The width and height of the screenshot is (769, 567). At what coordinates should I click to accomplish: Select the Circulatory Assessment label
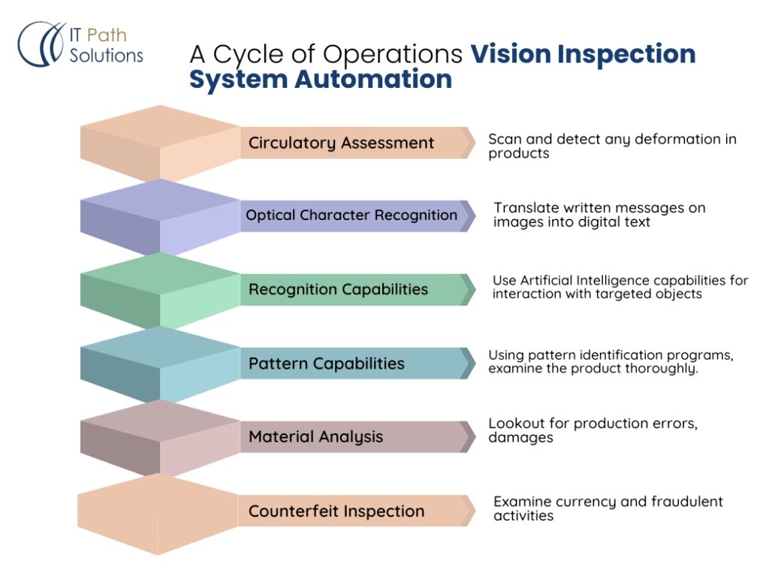click(341, 143)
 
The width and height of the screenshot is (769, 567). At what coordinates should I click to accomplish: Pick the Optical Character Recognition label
click(351, 216)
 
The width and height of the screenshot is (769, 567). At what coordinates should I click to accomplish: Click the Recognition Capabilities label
click(338, 289)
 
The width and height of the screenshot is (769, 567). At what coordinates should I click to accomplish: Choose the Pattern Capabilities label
click(326, 363)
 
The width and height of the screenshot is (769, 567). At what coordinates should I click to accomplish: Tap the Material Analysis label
click(315, 437)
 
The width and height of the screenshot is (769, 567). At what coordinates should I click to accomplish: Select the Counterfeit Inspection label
click(336, 511)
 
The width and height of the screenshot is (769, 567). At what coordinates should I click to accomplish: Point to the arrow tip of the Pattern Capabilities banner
click(470, 363)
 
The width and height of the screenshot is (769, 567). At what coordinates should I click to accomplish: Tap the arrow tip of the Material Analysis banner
click(470, 437)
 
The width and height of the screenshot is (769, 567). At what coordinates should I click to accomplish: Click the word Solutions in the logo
click(106, 56)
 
